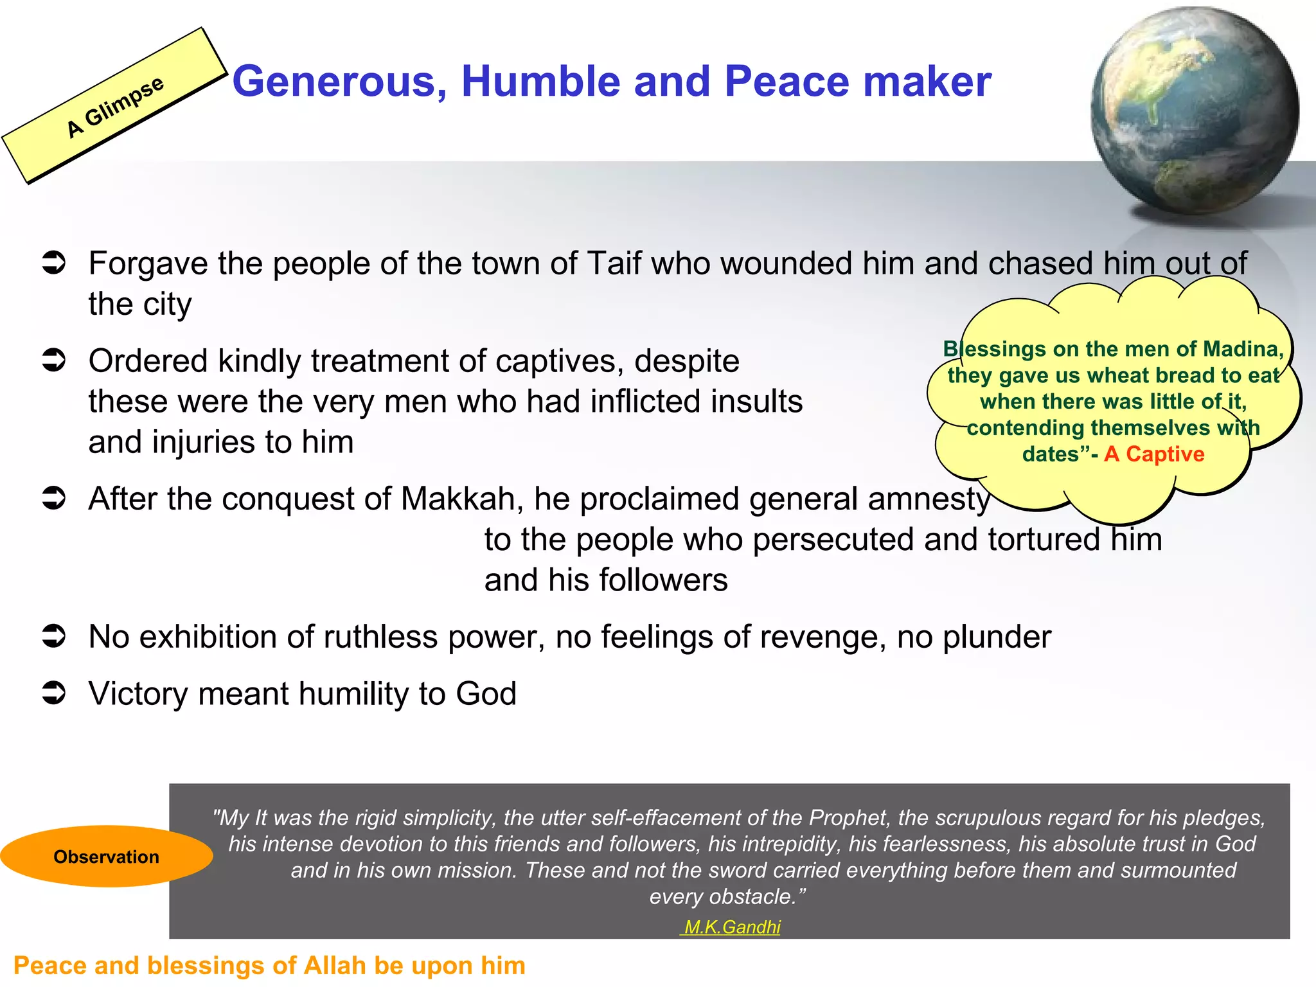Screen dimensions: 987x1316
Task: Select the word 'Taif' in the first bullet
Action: (614, 263)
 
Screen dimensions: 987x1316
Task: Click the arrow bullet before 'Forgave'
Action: (54, 263)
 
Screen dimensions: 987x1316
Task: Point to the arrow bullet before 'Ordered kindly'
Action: (54, 360)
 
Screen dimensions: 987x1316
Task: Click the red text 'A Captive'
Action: (1154, 454)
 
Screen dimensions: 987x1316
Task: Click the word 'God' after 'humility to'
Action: (486, 694)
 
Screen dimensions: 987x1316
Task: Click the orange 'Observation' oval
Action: (106, 857)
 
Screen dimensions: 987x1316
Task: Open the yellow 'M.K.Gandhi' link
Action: (732, 927)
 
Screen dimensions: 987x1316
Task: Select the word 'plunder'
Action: (997, 637)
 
